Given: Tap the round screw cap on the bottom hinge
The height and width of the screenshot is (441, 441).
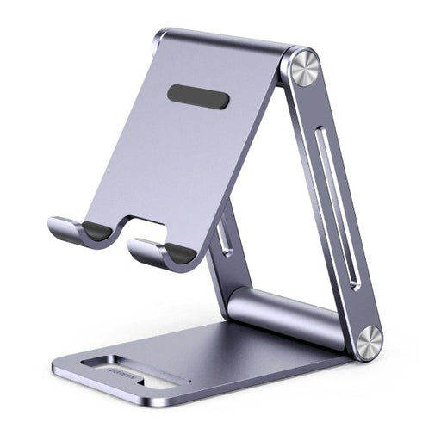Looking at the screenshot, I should point(370,342).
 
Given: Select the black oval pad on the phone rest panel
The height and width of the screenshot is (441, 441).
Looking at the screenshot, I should point(198,96).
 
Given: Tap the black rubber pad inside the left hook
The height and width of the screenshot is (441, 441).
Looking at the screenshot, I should point(98,230).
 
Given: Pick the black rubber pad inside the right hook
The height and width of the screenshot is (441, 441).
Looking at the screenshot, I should point(181,252).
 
